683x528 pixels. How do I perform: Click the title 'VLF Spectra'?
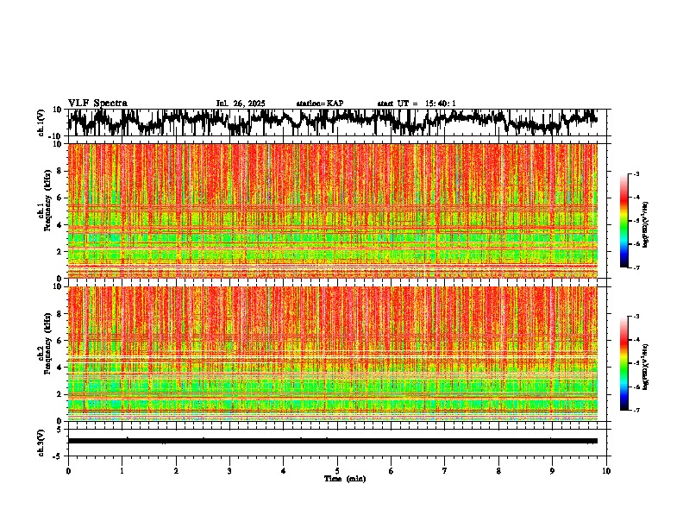point(97,104)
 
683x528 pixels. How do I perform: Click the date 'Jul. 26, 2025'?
point(240,104)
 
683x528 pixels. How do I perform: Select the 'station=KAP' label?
point(320,104)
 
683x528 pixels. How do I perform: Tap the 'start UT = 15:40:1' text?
point(417,104)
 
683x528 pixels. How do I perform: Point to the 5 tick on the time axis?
point(337,470)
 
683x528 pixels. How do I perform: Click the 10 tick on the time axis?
point(606,470)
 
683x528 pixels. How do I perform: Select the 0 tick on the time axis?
point(68,470)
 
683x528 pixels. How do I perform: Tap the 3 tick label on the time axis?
point(229,470)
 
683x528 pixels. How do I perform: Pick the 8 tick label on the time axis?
point(498,470)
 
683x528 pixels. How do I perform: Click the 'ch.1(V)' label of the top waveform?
point(41,123)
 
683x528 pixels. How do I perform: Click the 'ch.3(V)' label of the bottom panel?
point(41,441)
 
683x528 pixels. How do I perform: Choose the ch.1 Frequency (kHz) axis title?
point(45,211)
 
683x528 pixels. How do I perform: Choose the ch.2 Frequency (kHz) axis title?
point(45,353)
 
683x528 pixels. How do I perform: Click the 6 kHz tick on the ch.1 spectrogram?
point(60,198)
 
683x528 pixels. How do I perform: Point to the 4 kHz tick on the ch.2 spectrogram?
point(60,368)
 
